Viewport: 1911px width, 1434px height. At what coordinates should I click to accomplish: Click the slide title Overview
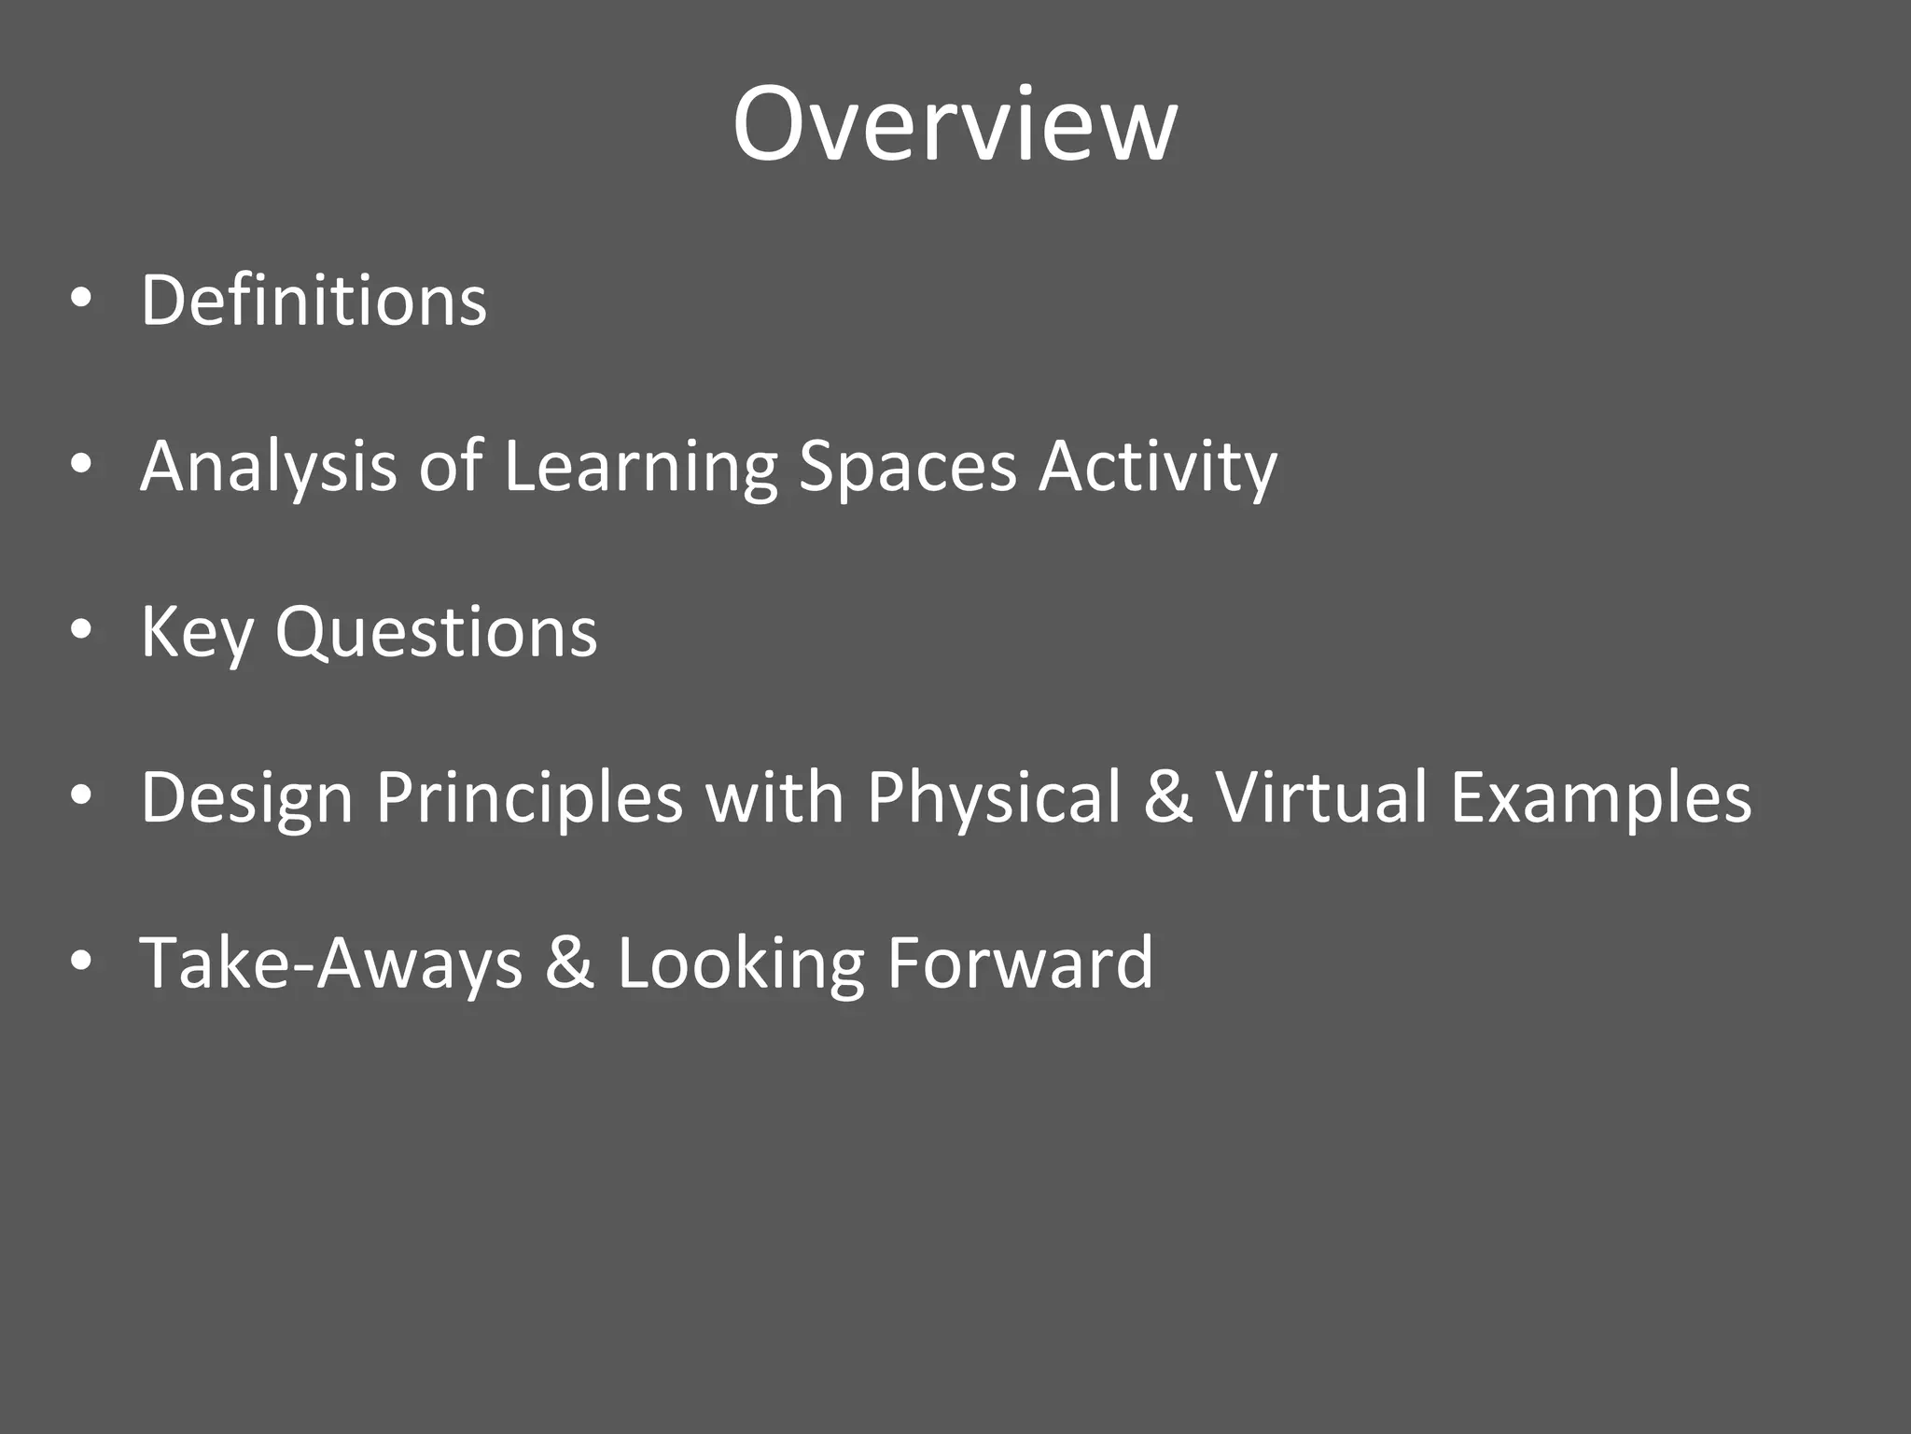tap(955, 125)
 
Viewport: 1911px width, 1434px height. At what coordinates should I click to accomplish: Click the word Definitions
tap(314, 301)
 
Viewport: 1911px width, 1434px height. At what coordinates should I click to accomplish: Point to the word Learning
tap(640, 467)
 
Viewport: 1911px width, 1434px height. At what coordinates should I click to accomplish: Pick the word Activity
tap(1157, 467)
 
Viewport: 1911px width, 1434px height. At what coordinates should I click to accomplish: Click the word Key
tap(197, 633)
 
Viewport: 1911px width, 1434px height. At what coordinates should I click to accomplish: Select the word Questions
tap(436, 633)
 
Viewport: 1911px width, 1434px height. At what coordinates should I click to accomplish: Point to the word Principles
tap(529, 798)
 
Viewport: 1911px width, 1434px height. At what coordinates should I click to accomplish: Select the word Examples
tap(1600, 798)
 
